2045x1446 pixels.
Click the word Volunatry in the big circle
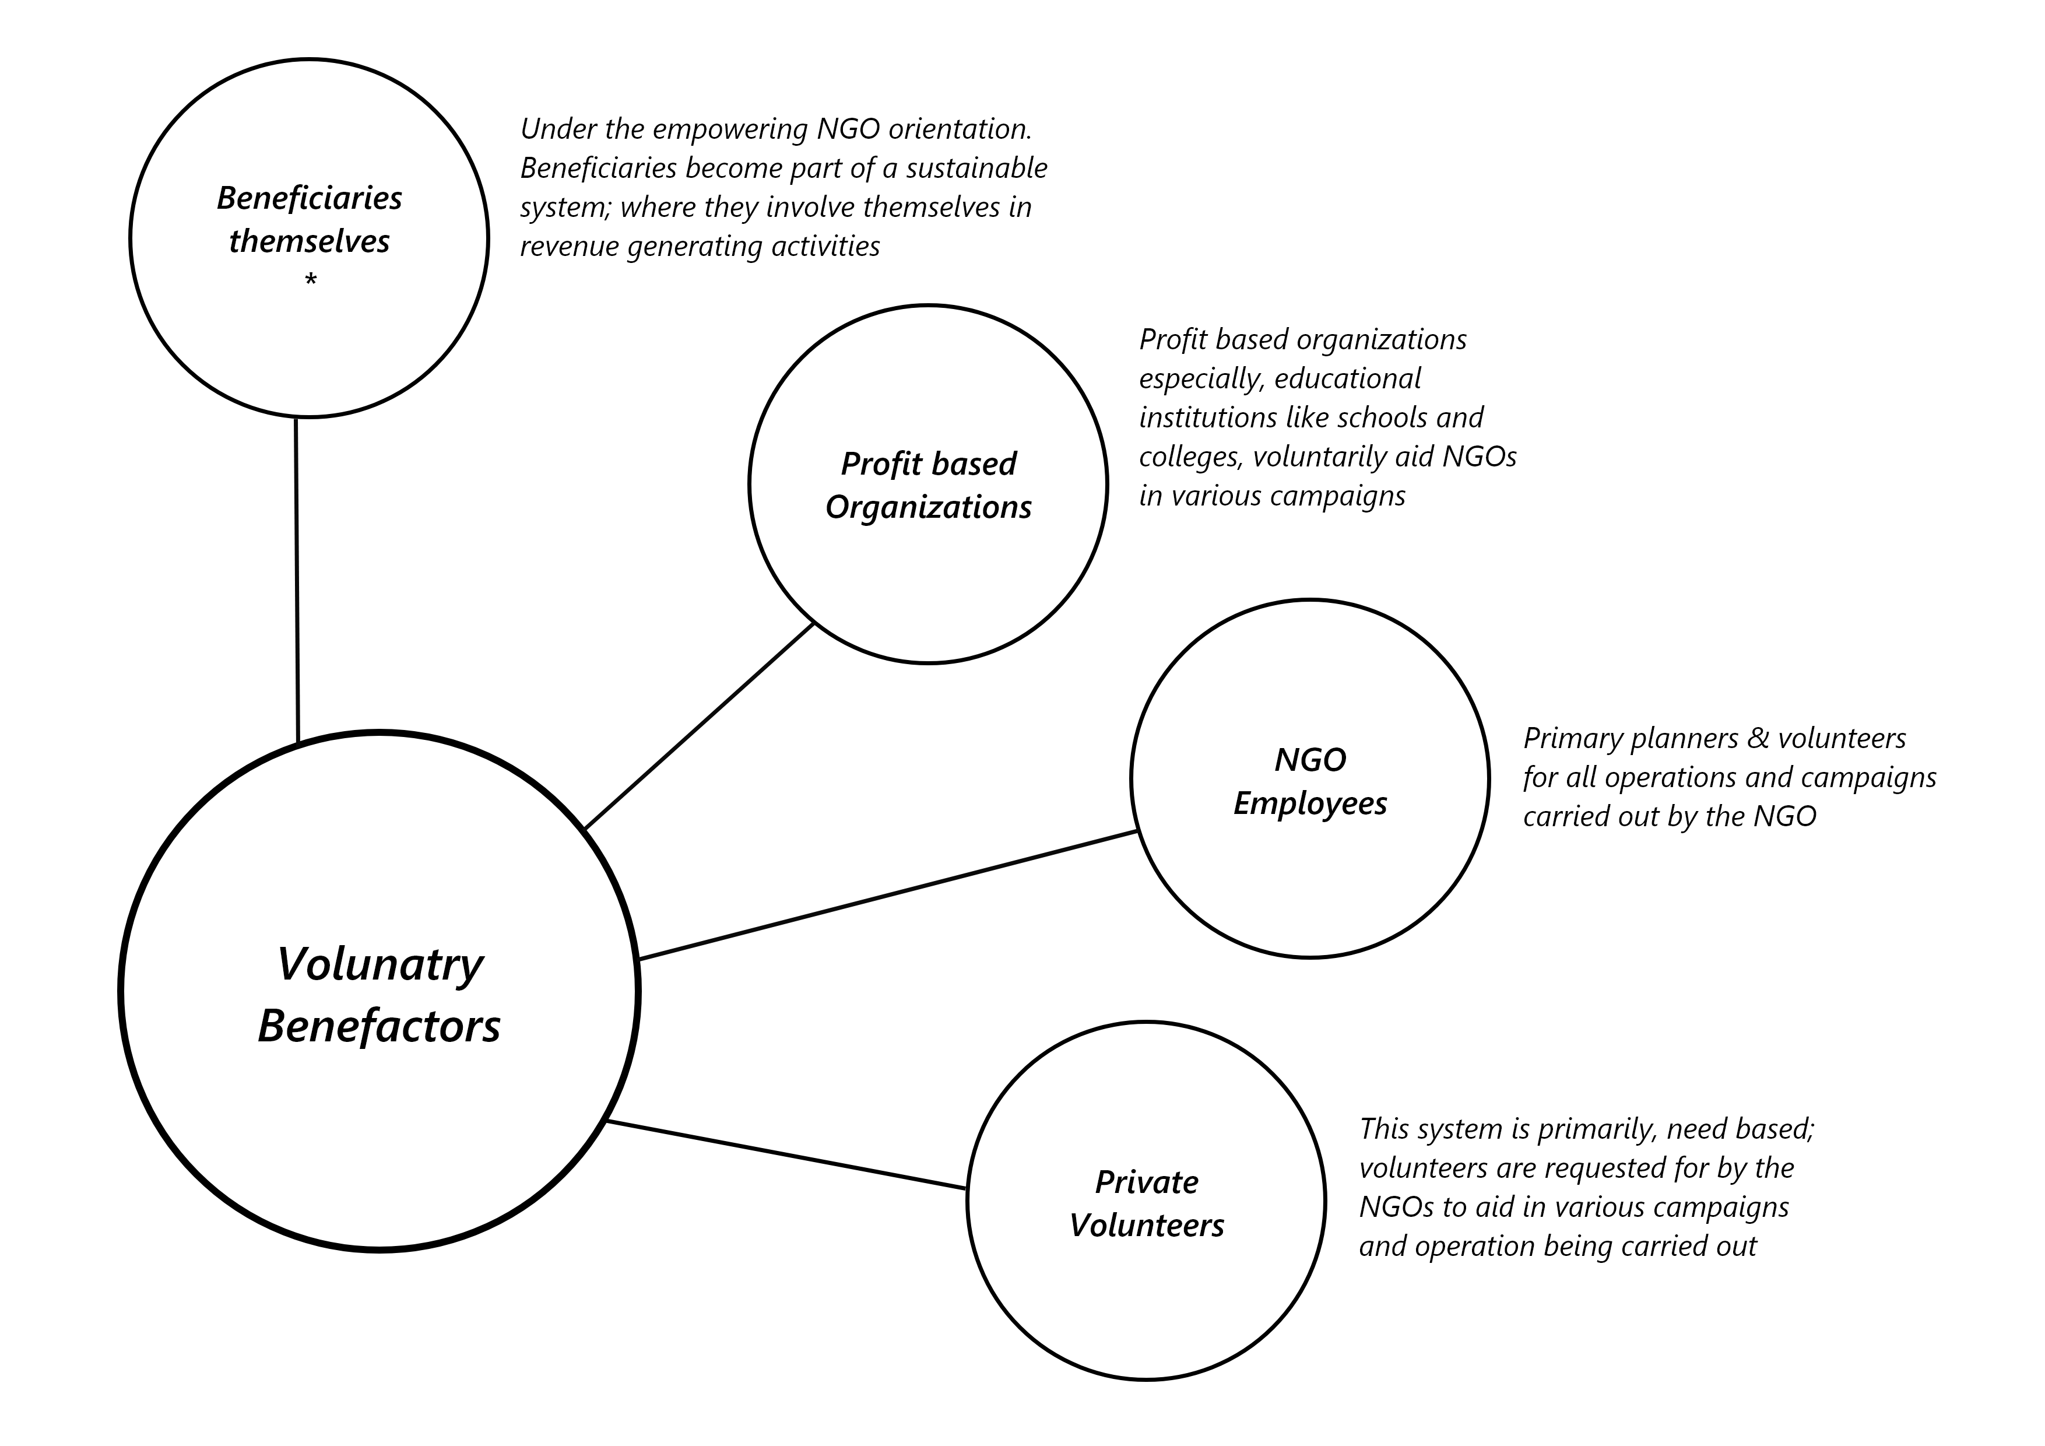pos(380,965)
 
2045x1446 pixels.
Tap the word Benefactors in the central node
pos(380,1026)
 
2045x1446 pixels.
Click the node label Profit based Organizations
pos(928,486)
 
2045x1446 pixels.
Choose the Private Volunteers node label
pos(1146,1203)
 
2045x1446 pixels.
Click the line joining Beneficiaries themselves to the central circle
pos(297,579)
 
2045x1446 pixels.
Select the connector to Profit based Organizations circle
pos(699,726)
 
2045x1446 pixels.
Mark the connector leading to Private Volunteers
pos(784,1154)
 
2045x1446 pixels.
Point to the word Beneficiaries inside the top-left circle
pos(309,198)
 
